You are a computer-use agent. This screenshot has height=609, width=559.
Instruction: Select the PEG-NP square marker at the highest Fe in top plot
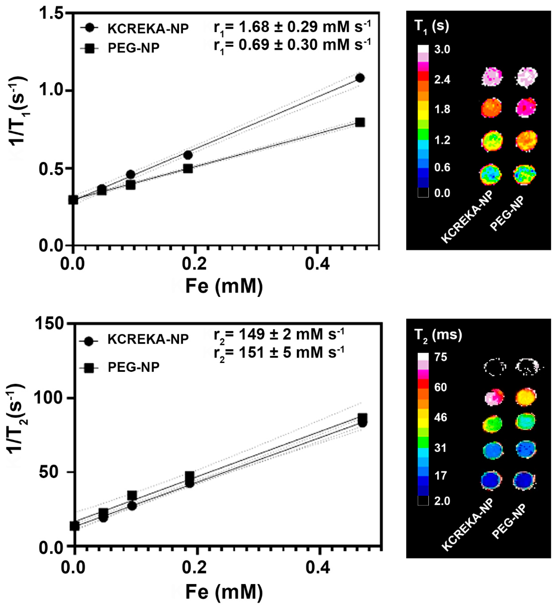click(x=360, y=122)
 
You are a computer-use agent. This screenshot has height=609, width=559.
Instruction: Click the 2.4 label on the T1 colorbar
click(x=442, y=80)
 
